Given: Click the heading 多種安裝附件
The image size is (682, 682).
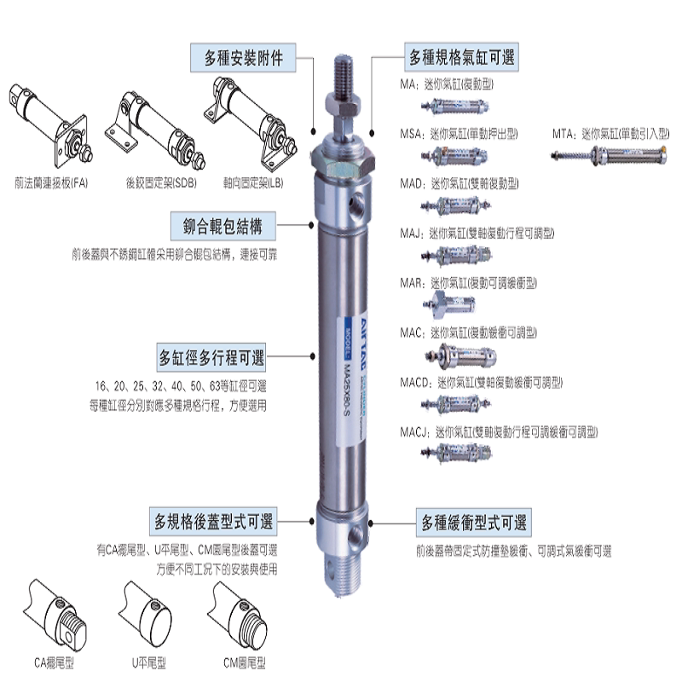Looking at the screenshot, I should (244, 59).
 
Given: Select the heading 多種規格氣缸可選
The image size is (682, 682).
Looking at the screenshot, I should (461, 59).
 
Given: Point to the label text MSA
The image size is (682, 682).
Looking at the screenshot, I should (413, 134).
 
